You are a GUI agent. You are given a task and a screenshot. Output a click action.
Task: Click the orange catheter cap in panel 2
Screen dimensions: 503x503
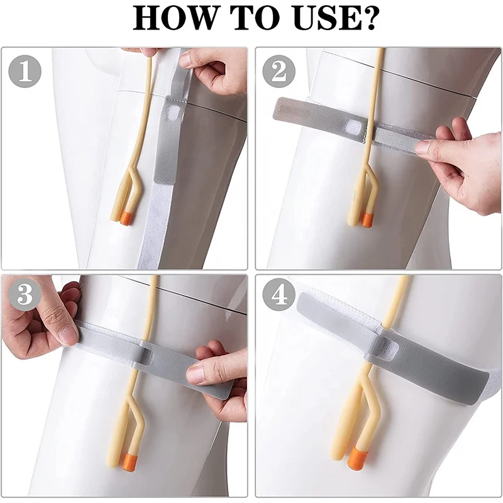click(365, 219)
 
